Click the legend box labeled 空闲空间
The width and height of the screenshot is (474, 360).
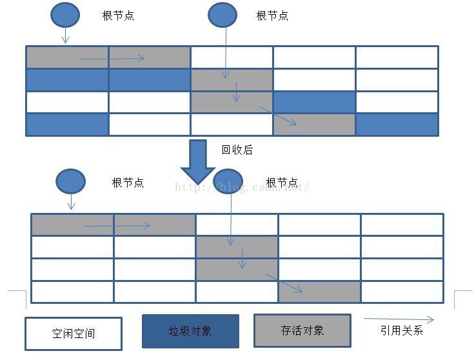(73, 333)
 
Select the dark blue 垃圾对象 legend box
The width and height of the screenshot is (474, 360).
(190, 331)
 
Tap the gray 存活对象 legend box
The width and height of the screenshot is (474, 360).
(302, 330)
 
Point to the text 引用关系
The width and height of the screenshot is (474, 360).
(402, 331)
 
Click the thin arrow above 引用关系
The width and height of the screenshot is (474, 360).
(399, 319)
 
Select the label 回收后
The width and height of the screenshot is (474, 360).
(237, 150)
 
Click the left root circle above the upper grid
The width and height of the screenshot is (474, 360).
(65, 15)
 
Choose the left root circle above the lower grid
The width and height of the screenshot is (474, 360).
(70, 181)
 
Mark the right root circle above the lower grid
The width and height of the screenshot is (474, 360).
(228, 181)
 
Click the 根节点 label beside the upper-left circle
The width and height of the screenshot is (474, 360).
(118, 16)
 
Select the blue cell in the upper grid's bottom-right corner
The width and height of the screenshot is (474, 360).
(397, 125)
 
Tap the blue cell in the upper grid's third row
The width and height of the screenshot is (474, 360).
(314, 102)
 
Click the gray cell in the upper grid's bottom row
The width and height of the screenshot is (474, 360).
(314, 125)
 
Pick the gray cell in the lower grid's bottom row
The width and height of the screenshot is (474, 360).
(319, 292)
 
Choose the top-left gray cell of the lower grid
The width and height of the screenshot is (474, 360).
(72, 225)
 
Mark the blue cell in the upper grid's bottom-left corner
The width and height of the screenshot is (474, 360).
(67, 125)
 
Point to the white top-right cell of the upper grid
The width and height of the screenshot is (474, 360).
(397, 57)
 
